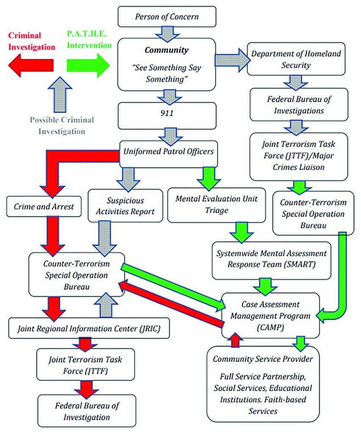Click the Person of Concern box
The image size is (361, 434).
[167, 17]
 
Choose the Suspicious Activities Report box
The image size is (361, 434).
[125, 206]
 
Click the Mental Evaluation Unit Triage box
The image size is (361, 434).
[218, 204]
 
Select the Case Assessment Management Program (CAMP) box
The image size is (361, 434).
[270, 316]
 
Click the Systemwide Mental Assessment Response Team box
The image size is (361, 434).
[272, 259]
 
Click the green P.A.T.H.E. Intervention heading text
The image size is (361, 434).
[89, 39]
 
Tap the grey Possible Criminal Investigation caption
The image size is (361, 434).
[61, 125]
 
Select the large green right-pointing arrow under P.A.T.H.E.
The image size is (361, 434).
[88, 65]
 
